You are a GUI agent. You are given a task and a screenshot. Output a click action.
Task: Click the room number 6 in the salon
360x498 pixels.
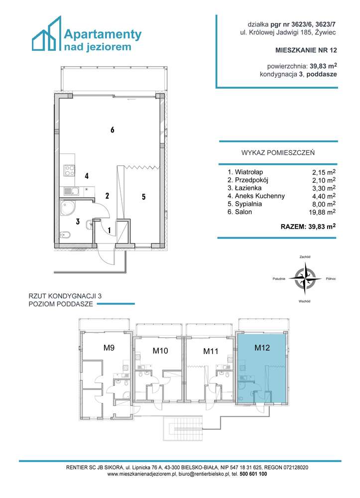click(113, 130)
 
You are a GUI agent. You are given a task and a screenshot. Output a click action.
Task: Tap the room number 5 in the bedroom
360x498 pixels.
click(143, 197)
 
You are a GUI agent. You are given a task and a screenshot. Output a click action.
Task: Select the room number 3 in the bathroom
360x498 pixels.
click(78, 222)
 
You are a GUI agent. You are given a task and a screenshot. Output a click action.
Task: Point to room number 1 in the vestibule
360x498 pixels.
click(110, 230)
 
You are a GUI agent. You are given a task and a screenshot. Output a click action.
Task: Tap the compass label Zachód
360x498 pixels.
click(305, 257)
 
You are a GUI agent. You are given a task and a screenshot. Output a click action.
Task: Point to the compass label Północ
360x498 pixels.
click(331, 279)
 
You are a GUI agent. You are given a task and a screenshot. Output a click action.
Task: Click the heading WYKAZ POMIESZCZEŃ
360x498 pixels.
click(277, 153)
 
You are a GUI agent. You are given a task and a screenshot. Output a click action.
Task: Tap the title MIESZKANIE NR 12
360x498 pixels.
click(306, 50)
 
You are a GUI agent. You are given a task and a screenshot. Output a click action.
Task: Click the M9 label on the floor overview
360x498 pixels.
click(110, 348)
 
